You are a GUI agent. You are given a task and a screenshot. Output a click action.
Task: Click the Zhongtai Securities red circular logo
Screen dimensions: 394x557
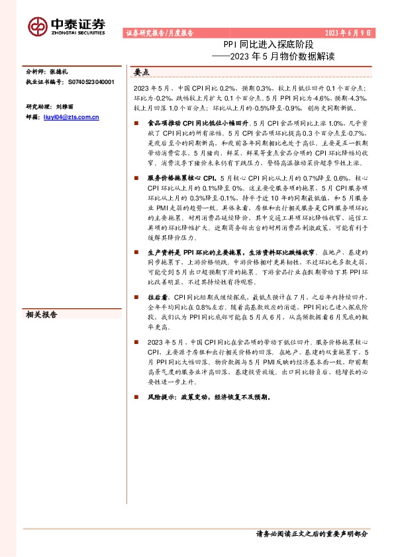pyautogui.click(x=38, y=25)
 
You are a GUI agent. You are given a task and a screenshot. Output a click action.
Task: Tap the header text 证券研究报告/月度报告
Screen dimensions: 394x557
pyautogui.click(x=159, y=32)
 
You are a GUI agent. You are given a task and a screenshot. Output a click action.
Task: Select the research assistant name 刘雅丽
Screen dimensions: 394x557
pyautogui.click(x=66, y=107)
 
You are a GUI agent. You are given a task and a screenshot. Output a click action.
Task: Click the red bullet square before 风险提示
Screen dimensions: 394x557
pyautogui.click(x=136, y=398)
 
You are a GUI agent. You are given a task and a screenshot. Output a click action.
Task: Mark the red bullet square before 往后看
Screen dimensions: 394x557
pyautogui.click(x=136, y=298)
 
